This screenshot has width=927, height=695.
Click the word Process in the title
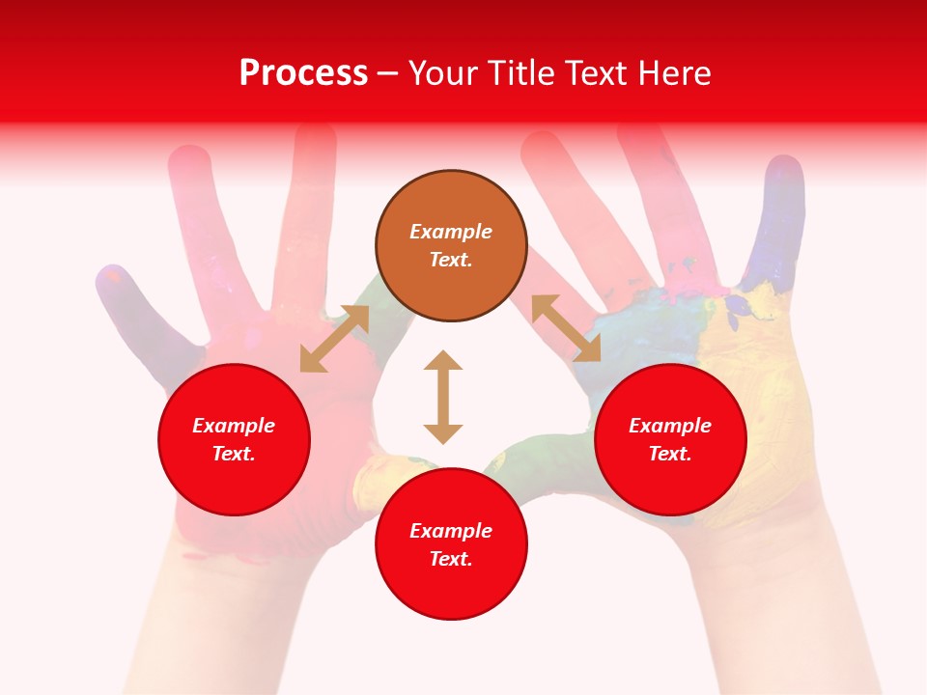click(303, 73)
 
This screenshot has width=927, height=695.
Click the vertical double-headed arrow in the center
click(443, 397)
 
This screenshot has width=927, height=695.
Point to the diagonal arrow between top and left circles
click(334, 339)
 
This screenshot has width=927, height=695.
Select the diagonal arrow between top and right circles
click(566, 328)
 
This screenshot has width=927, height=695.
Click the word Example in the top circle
click(451, 232)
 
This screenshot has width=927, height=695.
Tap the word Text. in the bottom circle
click(451, 559)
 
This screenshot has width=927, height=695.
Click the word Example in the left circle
click(234, 426)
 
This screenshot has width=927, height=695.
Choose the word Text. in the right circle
click(670, 454)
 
